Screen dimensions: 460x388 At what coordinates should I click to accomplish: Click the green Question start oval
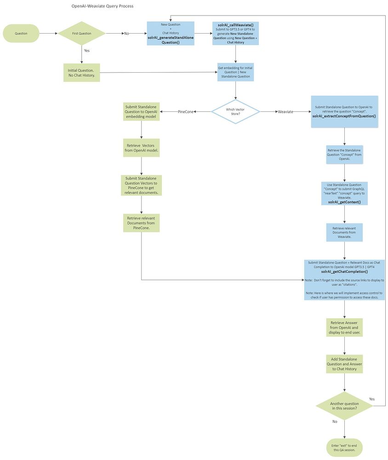[21, 33]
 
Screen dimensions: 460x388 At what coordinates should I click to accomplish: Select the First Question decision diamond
[81, 33]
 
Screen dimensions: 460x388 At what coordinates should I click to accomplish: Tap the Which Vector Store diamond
[235, 111]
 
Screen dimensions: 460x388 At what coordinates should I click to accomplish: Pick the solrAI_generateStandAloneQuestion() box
[171, 34]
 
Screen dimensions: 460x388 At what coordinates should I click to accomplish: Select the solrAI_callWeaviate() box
[235, 34]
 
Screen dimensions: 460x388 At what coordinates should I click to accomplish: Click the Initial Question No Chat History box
[81, 72]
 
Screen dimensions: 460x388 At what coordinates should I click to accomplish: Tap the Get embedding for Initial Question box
[235, 72]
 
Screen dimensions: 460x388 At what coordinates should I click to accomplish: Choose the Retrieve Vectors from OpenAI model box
[141, 148]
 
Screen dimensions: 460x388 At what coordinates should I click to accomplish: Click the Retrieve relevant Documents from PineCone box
[141, 223]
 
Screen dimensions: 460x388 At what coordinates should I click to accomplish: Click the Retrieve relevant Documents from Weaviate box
[344, 232]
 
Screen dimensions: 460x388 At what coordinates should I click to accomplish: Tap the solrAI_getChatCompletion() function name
[344, 272]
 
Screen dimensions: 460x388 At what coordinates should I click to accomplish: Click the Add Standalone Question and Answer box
[344, 363]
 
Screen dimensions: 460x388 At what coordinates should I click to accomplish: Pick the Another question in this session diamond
[344, 406]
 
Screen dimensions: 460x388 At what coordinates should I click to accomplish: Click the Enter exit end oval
[344, 447]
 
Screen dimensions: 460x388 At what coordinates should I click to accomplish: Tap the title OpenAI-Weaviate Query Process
[103, 6]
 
